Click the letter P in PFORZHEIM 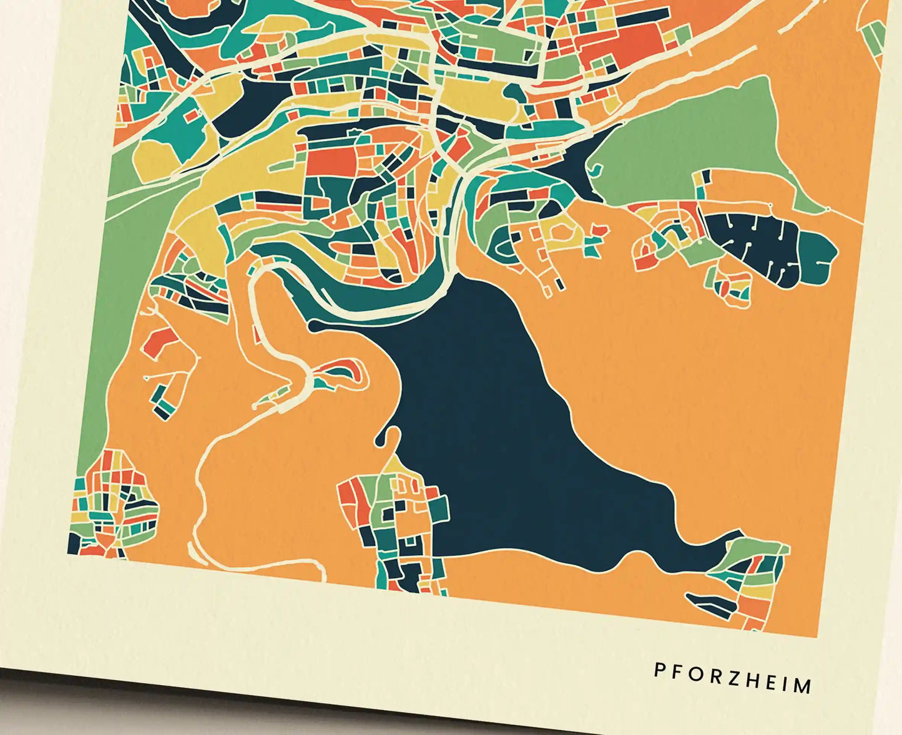click(659, 669)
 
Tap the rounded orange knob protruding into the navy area click(392, 437)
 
